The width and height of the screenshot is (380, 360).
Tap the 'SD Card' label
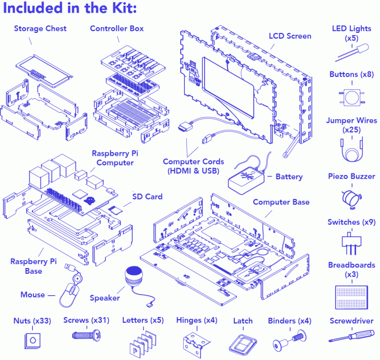point(147,197)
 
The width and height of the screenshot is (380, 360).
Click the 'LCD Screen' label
point(290,36)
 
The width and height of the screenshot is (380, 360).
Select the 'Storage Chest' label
point(40,28)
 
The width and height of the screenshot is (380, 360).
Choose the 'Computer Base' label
point(281,202)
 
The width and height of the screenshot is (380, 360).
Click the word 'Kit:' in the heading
point(123,9)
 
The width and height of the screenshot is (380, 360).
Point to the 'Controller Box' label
point(116,28)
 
